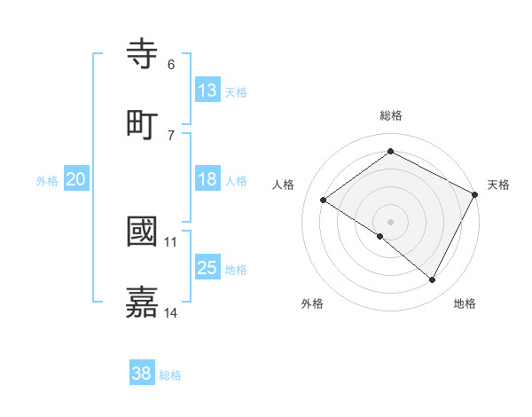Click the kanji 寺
coord(143,54)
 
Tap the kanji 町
coord(143,123)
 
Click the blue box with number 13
coord(207,90)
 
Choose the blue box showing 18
coord(207,179)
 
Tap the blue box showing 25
coord(207,268)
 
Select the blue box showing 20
coord(76,179)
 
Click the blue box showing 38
coord(142,374)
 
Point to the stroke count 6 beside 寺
coord(171,65)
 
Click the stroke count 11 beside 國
coord(171,241)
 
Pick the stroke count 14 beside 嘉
coord(171,312)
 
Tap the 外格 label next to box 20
coord(47,180)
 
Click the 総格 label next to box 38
coord(170,374)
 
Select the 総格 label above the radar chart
coord(390,115)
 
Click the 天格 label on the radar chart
coord(498,185)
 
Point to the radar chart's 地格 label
coord(465,303)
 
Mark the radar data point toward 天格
coord(475,194)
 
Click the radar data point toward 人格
coord(324,200)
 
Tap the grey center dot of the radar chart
coord(390,221)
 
